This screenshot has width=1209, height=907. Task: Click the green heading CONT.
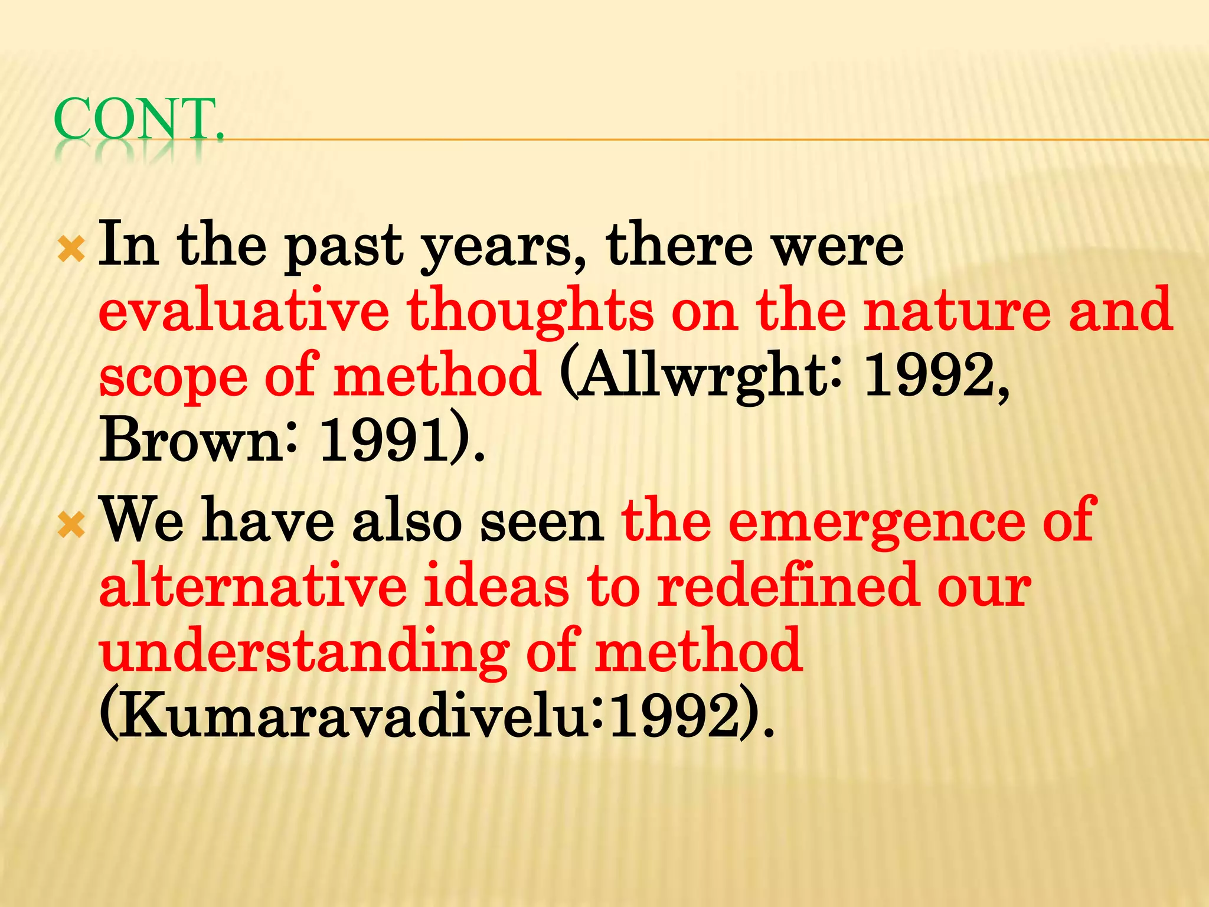139,119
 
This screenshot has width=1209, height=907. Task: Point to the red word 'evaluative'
244,310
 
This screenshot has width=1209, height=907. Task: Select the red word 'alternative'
253,586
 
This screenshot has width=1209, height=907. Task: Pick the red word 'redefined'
788,586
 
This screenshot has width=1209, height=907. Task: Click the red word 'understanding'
303,652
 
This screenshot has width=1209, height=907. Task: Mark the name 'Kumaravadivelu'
351,716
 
